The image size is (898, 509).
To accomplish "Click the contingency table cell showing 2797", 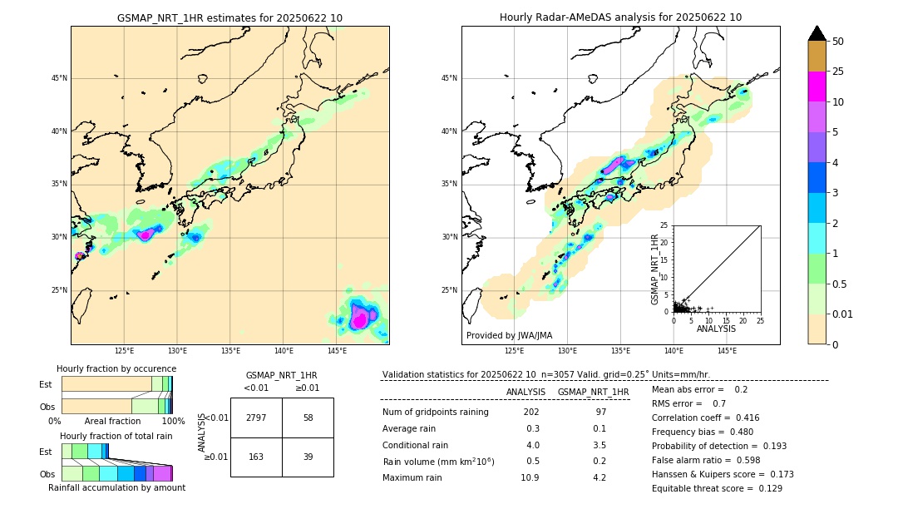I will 256,418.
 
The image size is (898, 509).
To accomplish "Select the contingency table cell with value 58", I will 308,418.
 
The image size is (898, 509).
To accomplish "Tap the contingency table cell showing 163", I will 256,457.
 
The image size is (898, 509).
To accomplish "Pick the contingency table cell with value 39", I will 308,457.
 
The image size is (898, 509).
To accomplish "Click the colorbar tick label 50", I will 838,42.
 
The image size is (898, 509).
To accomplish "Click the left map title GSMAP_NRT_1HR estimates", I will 229,17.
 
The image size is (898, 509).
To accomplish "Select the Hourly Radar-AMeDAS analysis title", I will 620,17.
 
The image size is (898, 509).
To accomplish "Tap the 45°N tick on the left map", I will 58,78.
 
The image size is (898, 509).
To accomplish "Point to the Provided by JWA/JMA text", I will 509,335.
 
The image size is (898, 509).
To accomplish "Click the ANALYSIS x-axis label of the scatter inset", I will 717,329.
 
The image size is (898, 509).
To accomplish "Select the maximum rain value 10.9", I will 530,477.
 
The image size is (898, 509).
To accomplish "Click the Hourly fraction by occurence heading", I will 116,368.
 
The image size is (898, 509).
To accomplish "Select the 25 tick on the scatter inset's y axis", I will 664,225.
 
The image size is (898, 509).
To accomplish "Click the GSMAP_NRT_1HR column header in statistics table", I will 593,392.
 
